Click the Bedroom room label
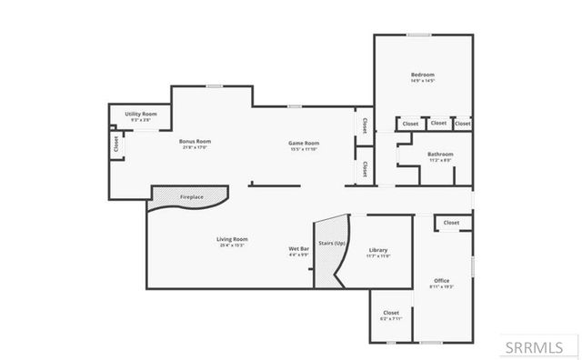422,75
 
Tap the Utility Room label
141,114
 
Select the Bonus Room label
195,142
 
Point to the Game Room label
304,143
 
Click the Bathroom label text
440,155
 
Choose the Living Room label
233,239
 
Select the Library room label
378,250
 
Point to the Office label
441,280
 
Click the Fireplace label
191,196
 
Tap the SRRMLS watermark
535,346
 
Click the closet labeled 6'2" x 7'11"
390,318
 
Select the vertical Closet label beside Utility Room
115,144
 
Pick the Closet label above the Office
452,223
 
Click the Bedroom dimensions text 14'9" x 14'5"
422,81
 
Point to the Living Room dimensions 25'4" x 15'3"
233,245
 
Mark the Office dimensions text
441,286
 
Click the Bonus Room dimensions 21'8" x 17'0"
195,148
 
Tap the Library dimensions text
378,256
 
